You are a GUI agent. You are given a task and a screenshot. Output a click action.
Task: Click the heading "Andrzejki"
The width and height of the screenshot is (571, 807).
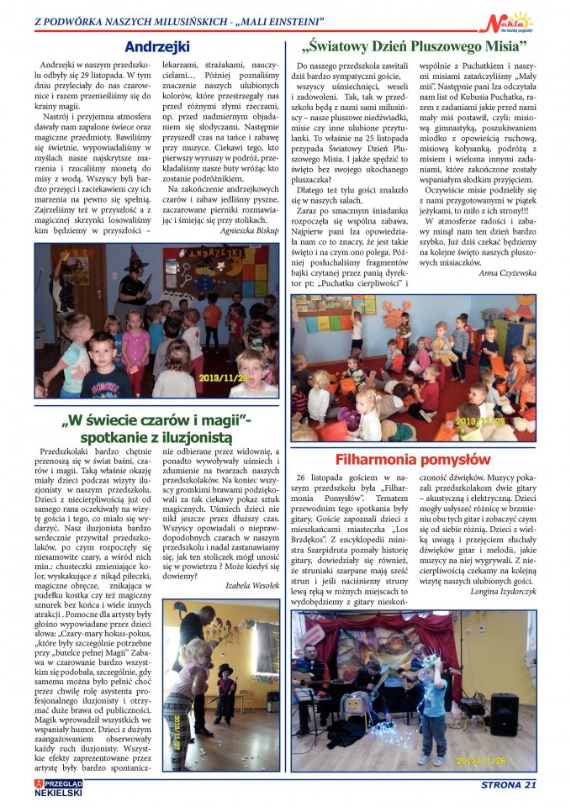pos(158,46)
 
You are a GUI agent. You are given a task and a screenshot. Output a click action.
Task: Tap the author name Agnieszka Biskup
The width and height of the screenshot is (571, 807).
pos(250,229)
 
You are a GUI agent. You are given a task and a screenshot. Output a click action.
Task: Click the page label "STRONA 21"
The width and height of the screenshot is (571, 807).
pos(508,785)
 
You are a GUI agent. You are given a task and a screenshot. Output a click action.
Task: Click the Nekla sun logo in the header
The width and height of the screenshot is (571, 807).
pos(514,24)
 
